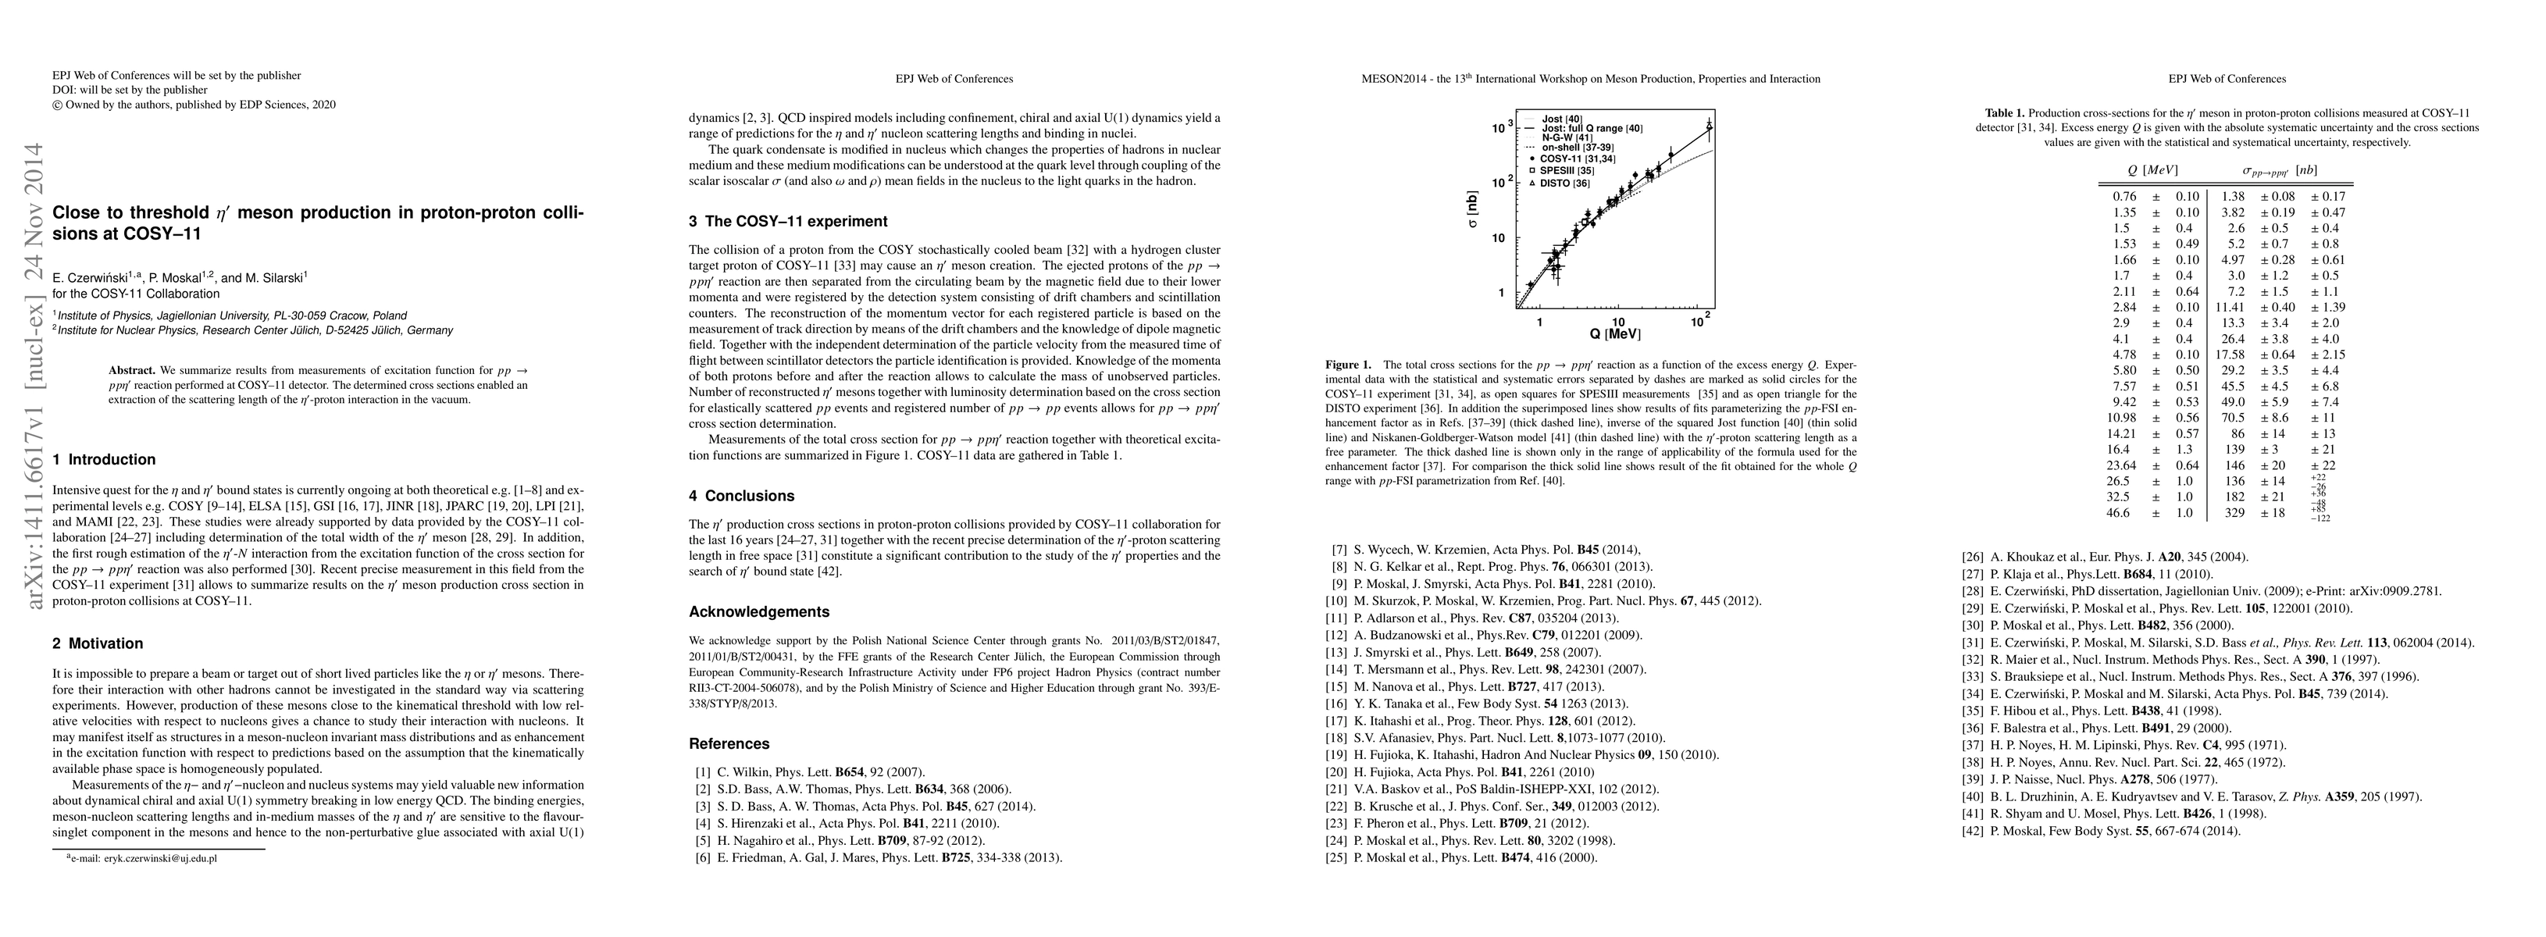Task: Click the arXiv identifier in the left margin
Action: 34,376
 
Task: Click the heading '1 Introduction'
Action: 104,460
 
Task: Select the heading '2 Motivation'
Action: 98,643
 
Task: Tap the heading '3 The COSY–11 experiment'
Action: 789,222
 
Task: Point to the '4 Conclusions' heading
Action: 741,496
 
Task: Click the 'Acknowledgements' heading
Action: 759,612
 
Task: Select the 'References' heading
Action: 729,744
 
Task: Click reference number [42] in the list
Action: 1974,832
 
